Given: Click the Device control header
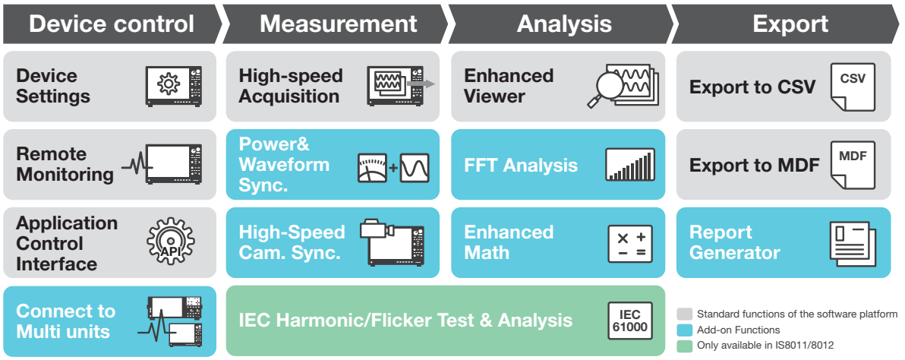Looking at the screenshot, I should (111, 24).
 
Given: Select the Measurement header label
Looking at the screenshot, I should (338, 24).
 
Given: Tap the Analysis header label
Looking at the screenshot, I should (563, 24).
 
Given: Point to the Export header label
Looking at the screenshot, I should (790, 24).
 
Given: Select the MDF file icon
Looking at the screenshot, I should (852, 164).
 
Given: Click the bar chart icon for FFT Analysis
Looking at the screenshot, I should (629, 165).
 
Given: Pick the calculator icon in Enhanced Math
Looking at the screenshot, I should (630, 244).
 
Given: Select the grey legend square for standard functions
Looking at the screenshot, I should (684, 314).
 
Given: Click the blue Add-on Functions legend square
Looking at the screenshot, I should (684, 330).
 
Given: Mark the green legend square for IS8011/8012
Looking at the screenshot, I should (684, 346).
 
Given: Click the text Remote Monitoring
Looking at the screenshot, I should (65, 164).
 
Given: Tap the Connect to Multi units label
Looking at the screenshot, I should (66, 321).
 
